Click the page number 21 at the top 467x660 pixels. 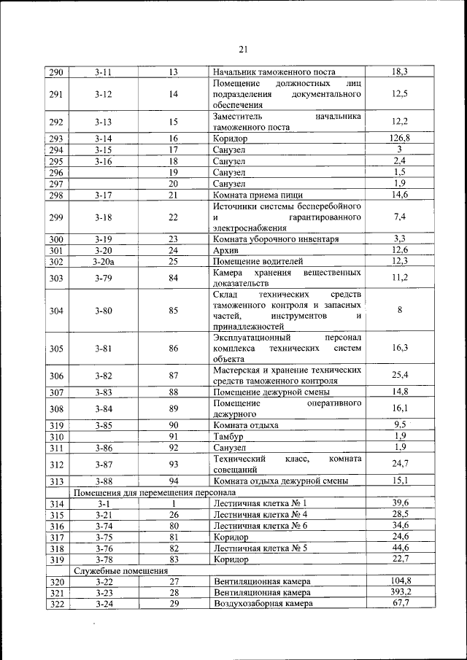pos(243,50)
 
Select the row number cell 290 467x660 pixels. pos(56,72)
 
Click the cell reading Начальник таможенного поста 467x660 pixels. pos(274,72)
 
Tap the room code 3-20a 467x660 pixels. pos(104,261)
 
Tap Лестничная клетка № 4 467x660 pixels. pos(260,514)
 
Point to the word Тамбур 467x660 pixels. pos(228,436)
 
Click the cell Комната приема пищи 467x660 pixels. pos(256,195)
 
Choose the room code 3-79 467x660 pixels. pos(104,277)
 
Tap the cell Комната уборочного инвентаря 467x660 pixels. pos(275,238)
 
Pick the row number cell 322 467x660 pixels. pos(56,604)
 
